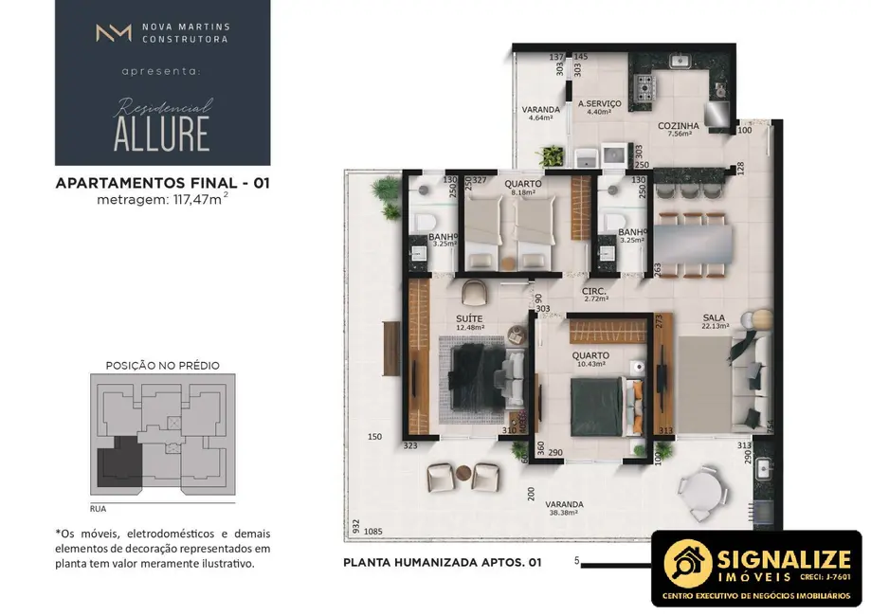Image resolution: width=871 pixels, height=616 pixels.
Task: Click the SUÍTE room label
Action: coord(469,318)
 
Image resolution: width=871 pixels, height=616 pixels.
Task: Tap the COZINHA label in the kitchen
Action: coord(679,125)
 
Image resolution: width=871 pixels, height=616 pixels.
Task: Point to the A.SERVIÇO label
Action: coord(599,103)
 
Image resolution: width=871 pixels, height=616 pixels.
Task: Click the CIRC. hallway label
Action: coord(594,290)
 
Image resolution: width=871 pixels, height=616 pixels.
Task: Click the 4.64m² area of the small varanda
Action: coord(540,118)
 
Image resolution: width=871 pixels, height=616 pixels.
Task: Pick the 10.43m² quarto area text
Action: coord(590,367)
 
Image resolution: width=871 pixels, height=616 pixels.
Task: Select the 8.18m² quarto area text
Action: coord(523,192)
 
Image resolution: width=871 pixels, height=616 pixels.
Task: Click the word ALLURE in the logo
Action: coord(161,135)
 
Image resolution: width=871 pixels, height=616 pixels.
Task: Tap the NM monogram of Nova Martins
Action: coord(113,33)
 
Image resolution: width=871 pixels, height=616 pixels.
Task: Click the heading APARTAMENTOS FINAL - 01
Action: coord(163,184)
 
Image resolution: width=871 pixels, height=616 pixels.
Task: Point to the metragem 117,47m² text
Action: coord(163,200)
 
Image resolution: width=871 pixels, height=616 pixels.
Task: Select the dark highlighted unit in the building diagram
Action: coord(118,462)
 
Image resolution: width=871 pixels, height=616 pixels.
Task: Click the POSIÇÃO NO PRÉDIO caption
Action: coord(162,365)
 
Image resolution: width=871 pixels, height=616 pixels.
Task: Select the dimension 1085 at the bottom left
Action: coord(372,531)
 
